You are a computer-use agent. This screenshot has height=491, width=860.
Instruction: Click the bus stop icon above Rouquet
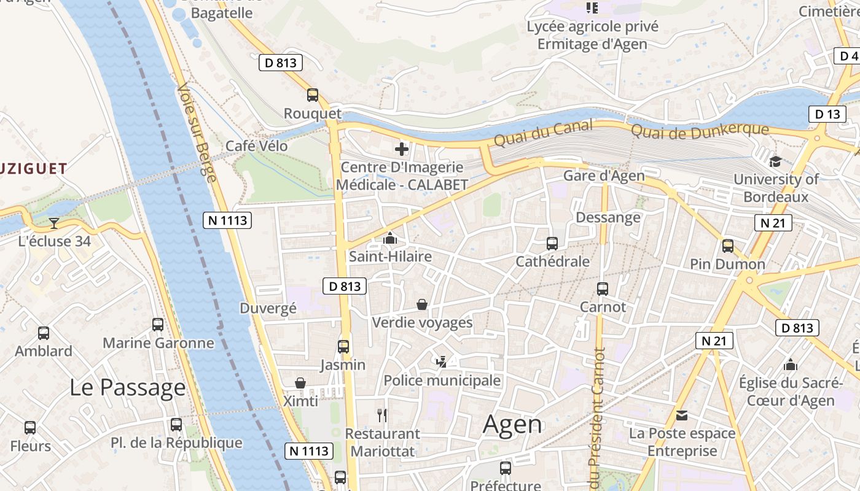tap(313, 95)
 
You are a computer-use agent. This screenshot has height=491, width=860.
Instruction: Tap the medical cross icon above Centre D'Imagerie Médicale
tap(402, 149)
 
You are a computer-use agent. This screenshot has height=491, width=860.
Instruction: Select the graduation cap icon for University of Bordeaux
tap(775, 161)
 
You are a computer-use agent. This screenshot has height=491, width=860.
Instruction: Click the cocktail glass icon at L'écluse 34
tap(54, 223)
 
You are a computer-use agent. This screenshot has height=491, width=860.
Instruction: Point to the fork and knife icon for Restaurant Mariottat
tap(382, 416)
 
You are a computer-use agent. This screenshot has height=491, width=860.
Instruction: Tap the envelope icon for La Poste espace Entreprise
tap(682, 416)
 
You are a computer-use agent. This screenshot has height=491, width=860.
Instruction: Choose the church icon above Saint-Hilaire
tap(389, 238)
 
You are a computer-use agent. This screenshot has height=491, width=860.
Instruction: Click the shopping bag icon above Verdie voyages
tap(422, 304)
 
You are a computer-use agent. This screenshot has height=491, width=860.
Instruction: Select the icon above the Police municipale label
tap(441, 362)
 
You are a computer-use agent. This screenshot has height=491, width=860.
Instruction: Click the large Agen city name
tap(512, 424)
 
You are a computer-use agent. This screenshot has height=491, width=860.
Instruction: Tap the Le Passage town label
tap(127, 387)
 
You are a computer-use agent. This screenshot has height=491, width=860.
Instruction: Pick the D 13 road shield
tap(827, 114)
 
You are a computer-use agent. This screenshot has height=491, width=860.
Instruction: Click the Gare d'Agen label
tap(604, 176)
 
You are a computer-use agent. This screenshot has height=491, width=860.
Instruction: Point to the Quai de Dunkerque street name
tap(700, 131)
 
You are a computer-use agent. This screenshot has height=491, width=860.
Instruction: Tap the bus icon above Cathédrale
tap(552, 244)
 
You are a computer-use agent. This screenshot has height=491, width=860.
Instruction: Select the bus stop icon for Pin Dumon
tap(728, 246)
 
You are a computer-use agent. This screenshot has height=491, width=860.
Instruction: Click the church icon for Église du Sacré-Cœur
tap(791, 365)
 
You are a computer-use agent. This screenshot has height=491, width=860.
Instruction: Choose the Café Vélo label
tap(256, 146)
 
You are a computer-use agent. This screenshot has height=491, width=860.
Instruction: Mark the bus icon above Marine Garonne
tap(158, 325)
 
